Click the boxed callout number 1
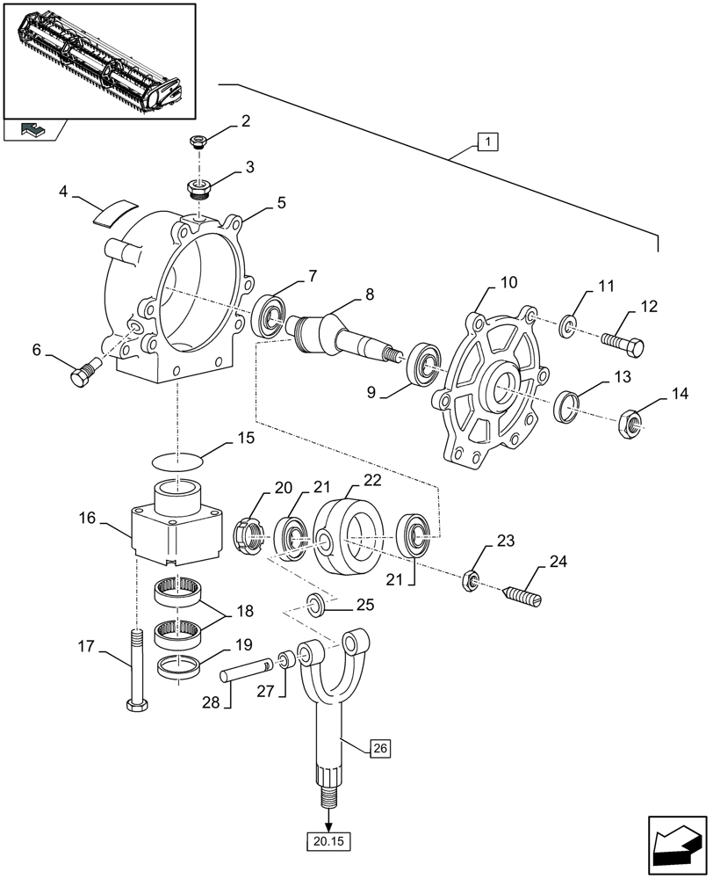[x=487, y=140]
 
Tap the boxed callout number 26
[x=378, y=748]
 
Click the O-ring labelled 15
[x=176, y=458]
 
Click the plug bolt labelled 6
[x=81, y=375]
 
